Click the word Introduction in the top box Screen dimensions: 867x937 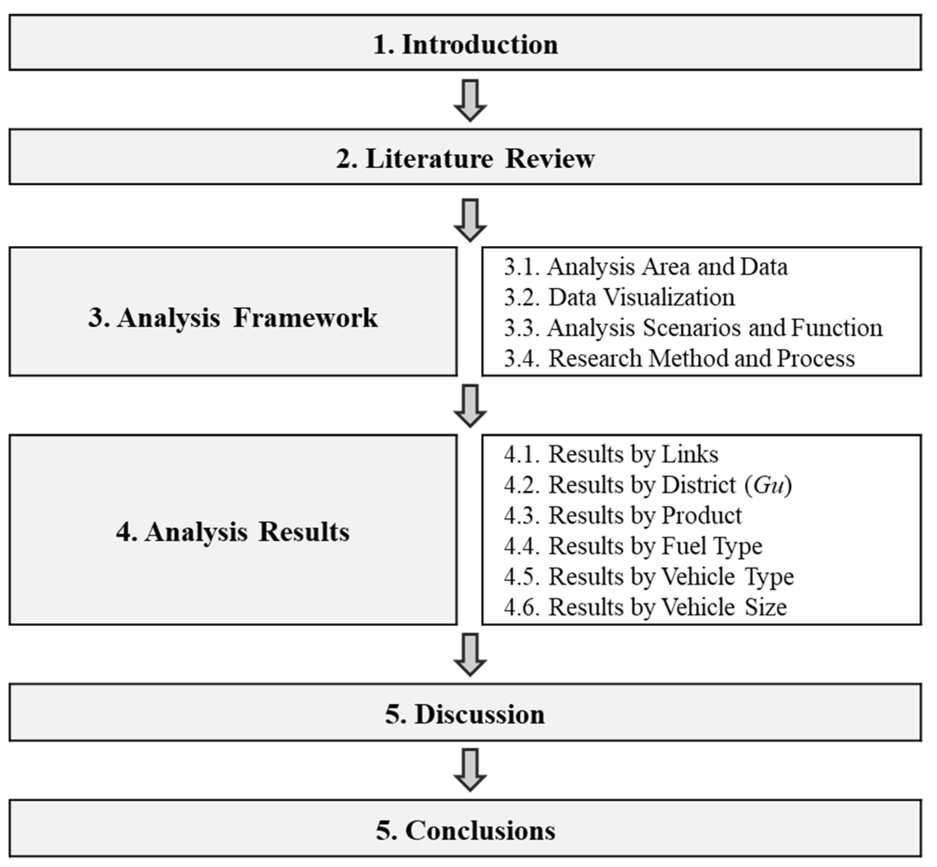[480, 45]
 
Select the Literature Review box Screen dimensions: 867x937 [465, 158]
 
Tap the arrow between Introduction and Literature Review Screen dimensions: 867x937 [470, 100]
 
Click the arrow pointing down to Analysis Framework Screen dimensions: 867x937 [470, 219]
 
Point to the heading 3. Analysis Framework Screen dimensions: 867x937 [233, 317]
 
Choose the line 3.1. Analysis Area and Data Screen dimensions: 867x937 [646, 267]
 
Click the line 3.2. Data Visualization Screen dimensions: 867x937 [619, 297]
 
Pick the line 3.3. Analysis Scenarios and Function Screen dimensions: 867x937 [693, 328]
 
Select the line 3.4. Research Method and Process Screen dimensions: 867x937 [679, 358]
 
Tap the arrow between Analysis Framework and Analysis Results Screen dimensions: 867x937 [470, 405]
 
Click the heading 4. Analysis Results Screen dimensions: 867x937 [233, 532]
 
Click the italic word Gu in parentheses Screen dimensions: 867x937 [768, 485]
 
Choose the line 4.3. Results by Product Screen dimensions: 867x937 [623, 515]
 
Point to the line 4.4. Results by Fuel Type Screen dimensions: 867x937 [633, 546]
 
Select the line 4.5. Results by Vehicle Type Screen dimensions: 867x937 [649, 576]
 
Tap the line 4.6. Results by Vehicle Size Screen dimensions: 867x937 [645, 607]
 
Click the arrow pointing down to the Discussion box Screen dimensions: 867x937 [470, 654]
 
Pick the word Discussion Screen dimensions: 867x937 [479, 714]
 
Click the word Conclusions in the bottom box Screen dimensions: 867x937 [480, 830]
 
